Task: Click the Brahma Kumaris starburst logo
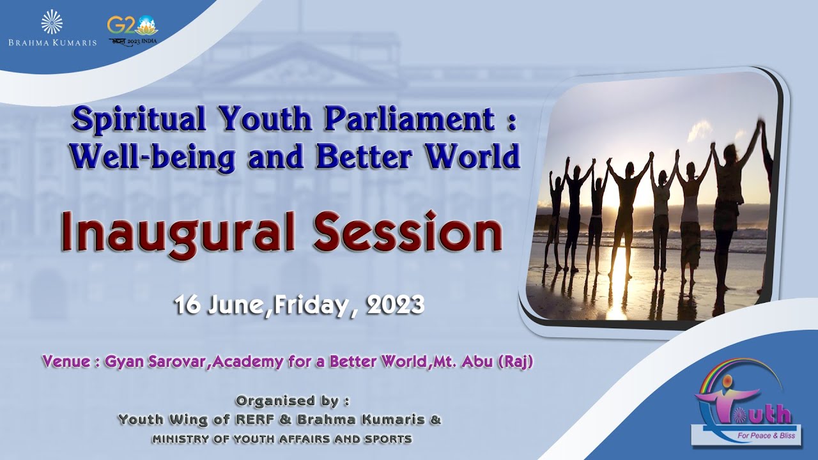(x=52, y=22)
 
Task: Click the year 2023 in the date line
(x=396, y=305)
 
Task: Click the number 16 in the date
(x=187, y=305)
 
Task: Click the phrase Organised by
(x=292, y=401)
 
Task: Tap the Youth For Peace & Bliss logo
(x=745, y=405)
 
